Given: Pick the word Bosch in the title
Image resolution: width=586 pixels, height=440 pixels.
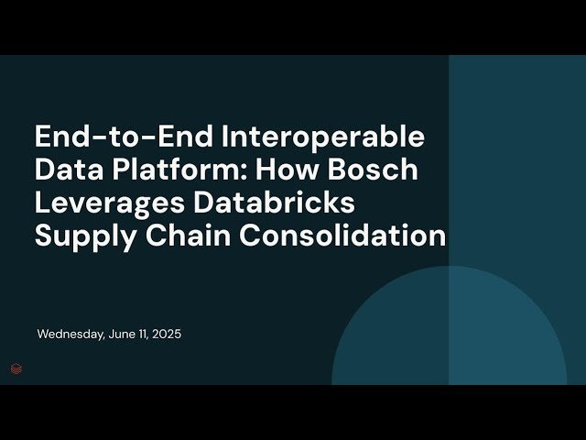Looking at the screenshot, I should pyautogui.click(x=375, y=170).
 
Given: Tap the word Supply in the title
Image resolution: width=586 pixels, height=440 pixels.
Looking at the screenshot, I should pyautogui.click(x=80, y=236).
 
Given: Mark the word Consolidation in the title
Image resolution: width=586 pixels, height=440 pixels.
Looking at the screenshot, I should pyautogui.click(x=342, y=236).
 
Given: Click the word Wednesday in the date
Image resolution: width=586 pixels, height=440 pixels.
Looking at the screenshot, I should pyautogui.click(x=70, y=335).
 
